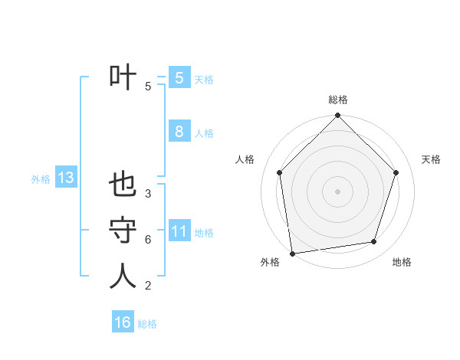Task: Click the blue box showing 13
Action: tap(66, 178)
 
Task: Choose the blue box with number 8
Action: tap(179, 131)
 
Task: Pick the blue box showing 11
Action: tap(179, 231)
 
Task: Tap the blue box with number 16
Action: tap(123, 322)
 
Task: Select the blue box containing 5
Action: tap(179, 77)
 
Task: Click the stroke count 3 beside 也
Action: tap(148, 194)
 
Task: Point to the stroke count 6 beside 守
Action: tap(148, 240)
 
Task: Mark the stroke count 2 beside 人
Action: tap(148, 286)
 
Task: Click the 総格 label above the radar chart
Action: tap(338, 100)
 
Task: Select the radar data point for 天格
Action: tap(396, 172)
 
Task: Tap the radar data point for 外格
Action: tap(292, 253)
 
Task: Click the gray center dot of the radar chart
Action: tap(338, 191)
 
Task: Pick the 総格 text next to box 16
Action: tap(147, 324)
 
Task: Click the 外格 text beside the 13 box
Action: tap(41, 179)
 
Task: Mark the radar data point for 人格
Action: tap(280, 172)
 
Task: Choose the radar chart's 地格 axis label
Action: tap(402, 262)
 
